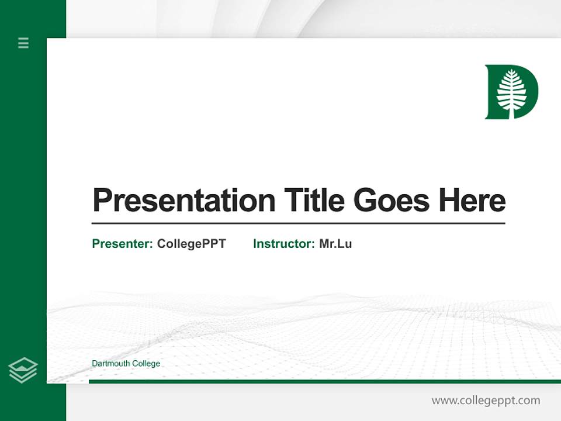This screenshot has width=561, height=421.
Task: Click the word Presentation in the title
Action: click(x=184, y=201)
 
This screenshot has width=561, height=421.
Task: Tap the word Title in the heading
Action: click(x=314, y=201)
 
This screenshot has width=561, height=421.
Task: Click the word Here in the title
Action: click(x=472, y=201)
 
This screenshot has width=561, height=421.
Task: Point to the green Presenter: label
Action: click(x=123, y=244)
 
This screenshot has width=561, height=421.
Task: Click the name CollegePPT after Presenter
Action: click(x=191, y=244)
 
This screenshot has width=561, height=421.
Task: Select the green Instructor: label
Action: click(x=284, y=244)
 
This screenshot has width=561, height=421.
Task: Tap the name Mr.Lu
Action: click(x=335, y=244)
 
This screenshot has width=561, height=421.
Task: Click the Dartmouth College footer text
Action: click(x=126, y=364)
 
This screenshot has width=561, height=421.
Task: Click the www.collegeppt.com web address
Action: click(x=486, y=401)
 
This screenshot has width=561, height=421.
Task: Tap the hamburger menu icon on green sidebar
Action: click(x=23, y=43)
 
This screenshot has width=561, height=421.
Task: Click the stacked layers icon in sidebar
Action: click(x=23, y=370)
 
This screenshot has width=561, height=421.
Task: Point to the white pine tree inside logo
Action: click(x=511, y=89)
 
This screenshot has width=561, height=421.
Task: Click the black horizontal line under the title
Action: click(x=298, y=223)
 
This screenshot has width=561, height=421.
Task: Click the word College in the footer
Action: click(x=146, y=364)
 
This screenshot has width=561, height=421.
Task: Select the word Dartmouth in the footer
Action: click(x=111, y=364)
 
